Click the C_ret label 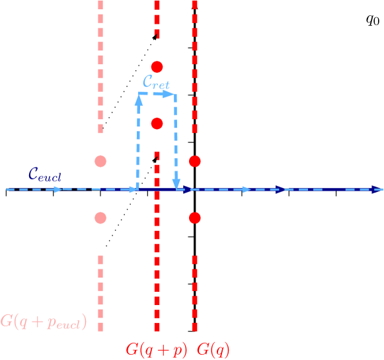[x=156, y=82]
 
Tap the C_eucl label [x=45, y=175]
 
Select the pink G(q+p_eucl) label [x=44, y=322]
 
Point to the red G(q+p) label [x=156, y=349]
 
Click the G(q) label [x=213, y=349]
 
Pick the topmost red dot [x=157, y=67]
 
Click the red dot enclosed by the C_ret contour [x=157, y=124]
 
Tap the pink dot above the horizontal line [x=100, y=161]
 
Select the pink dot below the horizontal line [x=100, y=218]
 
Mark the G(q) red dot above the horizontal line [x=194, y=161]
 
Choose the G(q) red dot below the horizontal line [x=194, y=218]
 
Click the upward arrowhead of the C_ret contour [x=139, y=98]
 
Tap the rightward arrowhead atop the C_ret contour [x=167, y=94]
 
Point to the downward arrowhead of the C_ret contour [x=176, y=183]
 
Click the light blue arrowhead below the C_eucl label [x=58, y=189]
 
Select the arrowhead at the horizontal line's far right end [x=377, y=190]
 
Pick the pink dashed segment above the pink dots [x=100, y=66]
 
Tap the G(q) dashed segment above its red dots [x=194, y=66]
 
